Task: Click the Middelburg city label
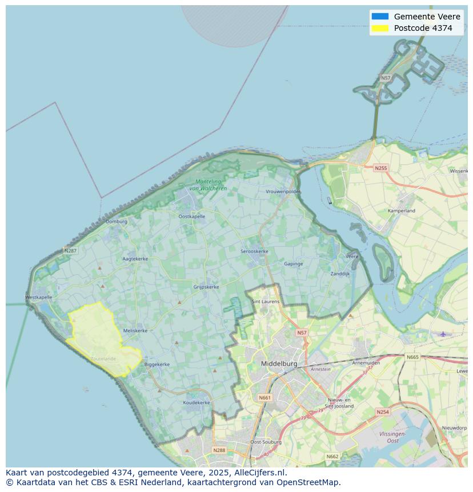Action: click(279, 363)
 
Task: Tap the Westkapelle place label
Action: click(39, 297)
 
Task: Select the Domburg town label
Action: click(117, 221)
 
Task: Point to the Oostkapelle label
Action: click(191, 217)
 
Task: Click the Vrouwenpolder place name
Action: click(283, 191)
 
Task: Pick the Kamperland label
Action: click(402, 211)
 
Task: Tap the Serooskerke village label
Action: click(254, 251)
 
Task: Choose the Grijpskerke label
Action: click(206, 287)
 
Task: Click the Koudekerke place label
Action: click(197, 402)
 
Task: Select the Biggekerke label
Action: click(157, 364)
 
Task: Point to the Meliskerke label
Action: click(135, 330)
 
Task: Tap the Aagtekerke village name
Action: click(135, 259)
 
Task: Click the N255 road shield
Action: click(380, 168)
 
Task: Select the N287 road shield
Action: click(70, 250)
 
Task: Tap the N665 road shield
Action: click(412, 357)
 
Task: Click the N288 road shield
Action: click(219, 450)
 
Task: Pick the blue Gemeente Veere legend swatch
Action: click(379, 17)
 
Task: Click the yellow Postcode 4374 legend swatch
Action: click(379, 28)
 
